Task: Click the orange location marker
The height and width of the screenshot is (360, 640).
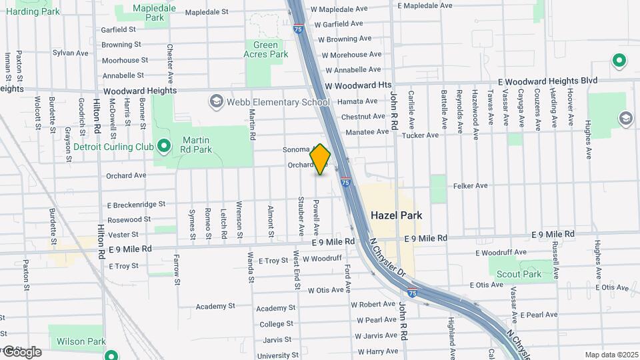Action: point(320,159)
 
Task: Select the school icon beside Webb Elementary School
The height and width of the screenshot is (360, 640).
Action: point(215,101)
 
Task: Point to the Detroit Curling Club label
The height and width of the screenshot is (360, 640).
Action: point(109,147)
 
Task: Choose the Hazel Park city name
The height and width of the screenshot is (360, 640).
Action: point(396,215)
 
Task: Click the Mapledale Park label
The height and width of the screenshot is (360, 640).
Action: point(154,12)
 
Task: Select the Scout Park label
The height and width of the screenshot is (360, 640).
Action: point(523,274)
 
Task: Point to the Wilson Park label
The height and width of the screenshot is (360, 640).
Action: point(86,341)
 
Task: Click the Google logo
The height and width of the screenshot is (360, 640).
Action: point(22,351)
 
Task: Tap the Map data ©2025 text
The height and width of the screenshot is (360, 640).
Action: point(611,355)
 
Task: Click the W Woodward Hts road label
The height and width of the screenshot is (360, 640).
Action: point(358,85)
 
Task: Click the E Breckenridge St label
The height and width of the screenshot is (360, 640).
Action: point(135,204)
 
